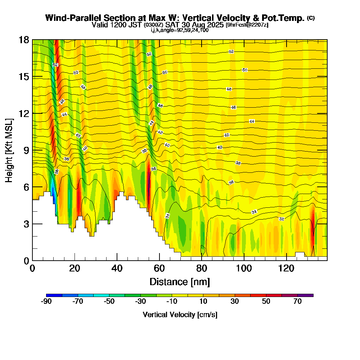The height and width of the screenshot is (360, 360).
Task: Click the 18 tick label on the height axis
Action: [x=24, y=40]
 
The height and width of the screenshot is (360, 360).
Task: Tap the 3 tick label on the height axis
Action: [x=25, y=224]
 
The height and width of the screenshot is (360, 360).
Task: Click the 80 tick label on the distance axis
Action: [x=202, y=268]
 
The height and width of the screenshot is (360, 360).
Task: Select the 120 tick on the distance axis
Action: [x=287, y=260]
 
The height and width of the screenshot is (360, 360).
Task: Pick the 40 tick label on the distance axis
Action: [x=117, y=268]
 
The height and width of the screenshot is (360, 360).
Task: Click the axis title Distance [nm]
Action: [x=180, y=282]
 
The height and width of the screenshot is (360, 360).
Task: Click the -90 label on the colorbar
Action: [x=46, y=302]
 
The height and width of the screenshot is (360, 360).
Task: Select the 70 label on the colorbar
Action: [x=297, y=302]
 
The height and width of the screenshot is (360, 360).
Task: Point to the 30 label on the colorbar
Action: [x=235, y=302]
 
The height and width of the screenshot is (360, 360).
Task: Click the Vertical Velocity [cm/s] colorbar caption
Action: [x=180, y=315]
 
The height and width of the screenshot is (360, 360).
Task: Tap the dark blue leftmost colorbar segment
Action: [x=54, y=295]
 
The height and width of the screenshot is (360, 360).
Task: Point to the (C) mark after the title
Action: [x=311, y=18]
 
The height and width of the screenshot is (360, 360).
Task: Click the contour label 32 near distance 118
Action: [x=282, y=219]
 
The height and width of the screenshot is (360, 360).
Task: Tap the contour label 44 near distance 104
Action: [x=252, y=121]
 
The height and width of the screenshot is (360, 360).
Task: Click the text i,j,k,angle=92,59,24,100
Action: [x=180, y=30]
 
